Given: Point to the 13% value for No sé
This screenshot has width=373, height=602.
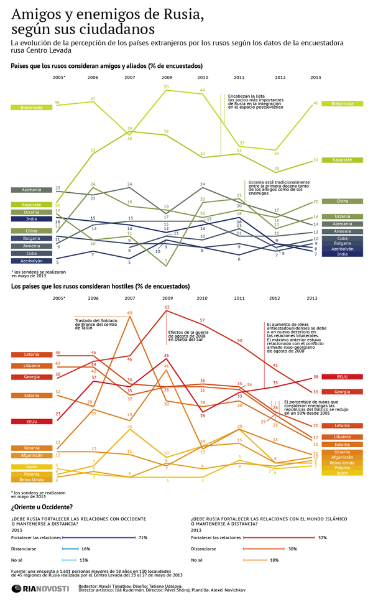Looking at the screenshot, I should (x=83, y=560).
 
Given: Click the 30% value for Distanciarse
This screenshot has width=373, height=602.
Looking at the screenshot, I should (x=292, y=549).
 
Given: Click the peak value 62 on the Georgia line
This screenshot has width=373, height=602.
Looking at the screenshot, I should (x=167, y=307).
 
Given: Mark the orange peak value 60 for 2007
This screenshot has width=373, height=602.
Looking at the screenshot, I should (x=129, y=312).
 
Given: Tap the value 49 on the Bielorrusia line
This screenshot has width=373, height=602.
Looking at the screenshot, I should (x=203, y=91).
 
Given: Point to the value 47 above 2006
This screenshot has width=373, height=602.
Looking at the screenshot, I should (x=93, y=98).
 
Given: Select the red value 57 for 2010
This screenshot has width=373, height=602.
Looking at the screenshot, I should (x=203, y=320).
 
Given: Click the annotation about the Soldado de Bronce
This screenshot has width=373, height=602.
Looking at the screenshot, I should (x=97, y=324).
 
